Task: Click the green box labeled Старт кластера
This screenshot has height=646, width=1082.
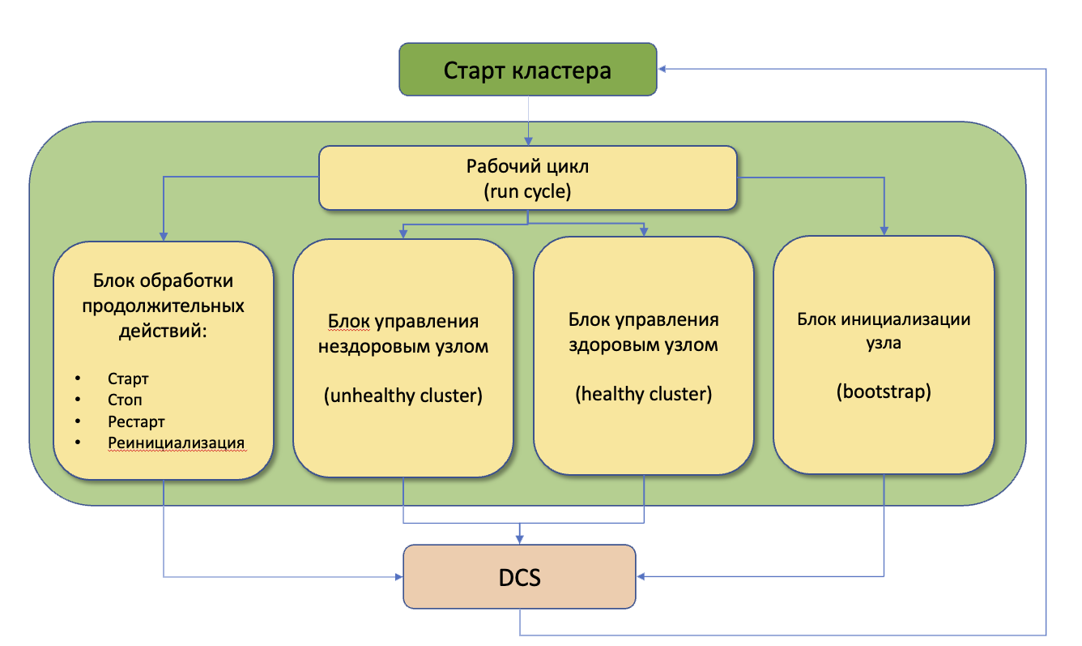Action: (527, 70)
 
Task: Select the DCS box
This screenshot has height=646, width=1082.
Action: (519, 577)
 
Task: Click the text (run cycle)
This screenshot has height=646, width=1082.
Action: (527, 191)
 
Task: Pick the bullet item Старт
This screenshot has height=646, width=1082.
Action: (128, 379)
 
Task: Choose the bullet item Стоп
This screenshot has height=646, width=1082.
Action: (125, 400)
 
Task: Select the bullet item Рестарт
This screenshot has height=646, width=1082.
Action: (136, 421)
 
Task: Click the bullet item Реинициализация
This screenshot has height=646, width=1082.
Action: (176, 443)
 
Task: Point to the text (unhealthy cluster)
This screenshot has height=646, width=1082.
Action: (403, 396)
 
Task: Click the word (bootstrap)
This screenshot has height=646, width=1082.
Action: (884, 392)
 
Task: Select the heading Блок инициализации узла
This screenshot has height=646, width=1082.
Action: (884, 330)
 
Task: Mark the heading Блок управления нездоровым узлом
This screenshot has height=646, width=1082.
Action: (403, 335)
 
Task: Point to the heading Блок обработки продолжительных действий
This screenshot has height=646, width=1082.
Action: (163, 307)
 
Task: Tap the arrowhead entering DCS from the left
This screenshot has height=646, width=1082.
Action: (398, 577)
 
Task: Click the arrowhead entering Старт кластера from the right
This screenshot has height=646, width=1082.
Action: (662, 70)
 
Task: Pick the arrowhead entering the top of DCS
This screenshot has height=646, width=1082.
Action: (519, 538)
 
